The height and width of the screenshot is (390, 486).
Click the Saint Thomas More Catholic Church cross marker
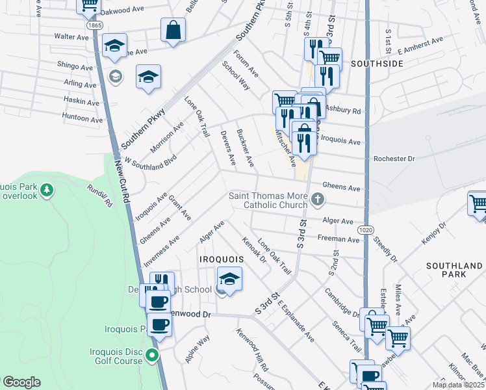tap(318, 199)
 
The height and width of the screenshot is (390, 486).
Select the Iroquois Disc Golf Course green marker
tap(152, 355)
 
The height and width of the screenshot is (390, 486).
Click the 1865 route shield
tap(94, 25)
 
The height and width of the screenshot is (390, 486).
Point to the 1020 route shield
tap(364, 230)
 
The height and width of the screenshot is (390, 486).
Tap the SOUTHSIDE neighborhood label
tap(377, 64)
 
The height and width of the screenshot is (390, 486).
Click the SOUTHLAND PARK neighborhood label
tap(454, 270)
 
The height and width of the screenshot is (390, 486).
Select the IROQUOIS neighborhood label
tap(222, 259)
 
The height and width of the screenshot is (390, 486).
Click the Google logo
tap(21, 382)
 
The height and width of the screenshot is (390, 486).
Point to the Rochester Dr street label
tap(394, 159)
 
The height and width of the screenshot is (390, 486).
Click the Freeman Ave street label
tap(339, 239)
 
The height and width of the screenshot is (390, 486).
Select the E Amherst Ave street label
tap(420, 45)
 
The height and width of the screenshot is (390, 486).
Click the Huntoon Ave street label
tap(83, 119)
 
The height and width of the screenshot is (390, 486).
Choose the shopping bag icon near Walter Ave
tap(173, 30)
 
